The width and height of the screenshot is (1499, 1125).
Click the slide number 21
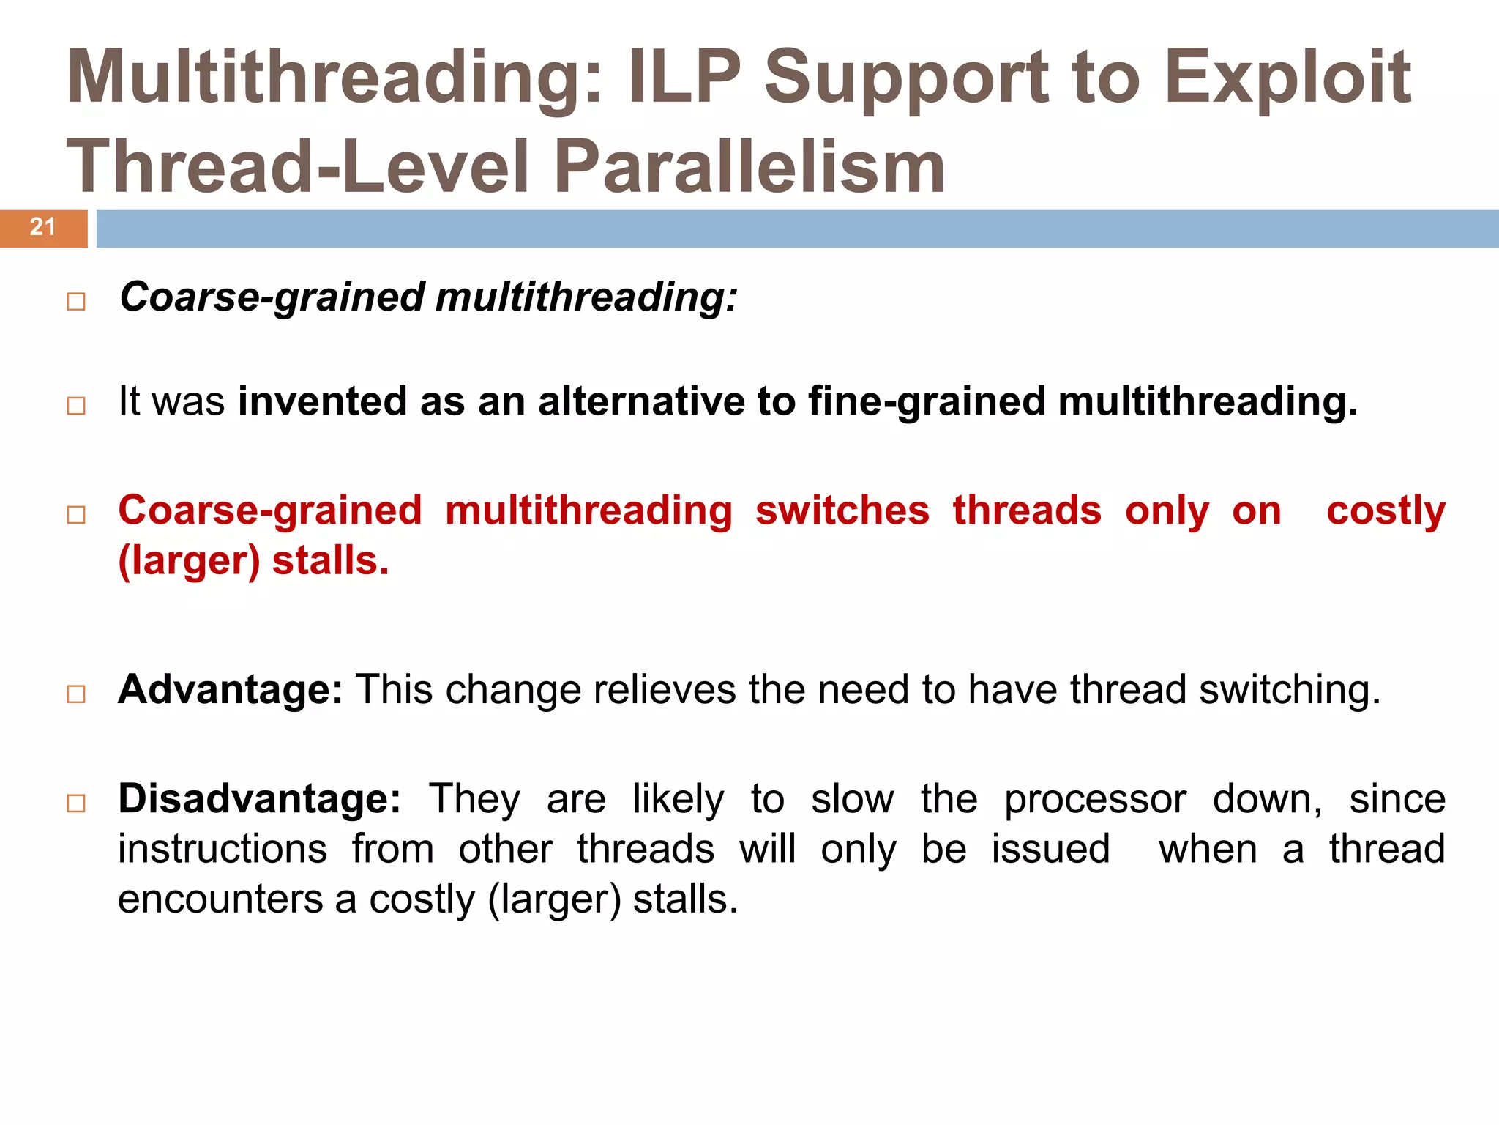(x=42, y=227)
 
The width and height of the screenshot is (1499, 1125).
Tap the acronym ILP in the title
(x=684, y=77)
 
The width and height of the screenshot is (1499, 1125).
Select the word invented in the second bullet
(x=322, y=401)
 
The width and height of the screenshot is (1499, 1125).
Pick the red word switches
(x=842, y=510)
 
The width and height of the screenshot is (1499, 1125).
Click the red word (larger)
(x=189, y=561)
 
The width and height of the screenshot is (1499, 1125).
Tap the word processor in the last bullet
(x=1094, y=798)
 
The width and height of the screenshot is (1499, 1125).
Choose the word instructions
(x=223, y=849)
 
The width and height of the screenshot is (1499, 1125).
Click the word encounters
(x=220, y=899)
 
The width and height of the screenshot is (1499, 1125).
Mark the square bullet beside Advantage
(x=76, y=694)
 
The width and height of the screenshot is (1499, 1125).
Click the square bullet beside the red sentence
(x=76, y=514)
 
